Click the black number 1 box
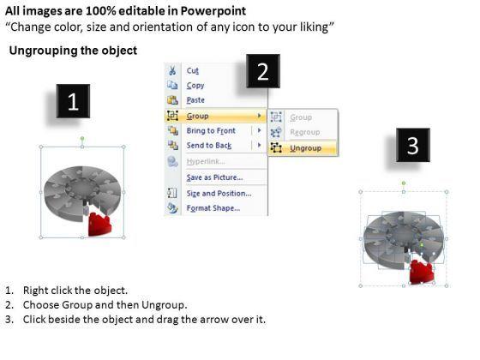click(73, 101)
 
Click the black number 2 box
click(263, 71)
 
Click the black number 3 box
click(413, 145)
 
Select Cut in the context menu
click(193, 70)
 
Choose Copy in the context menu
click(195, 86)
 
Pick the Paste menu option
click(195, 100)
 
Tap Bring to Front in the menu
click(211, 130)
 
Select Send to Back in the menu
click(209, 146)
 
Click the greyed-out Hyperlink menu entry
click(206, 161)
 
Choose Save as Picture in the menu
click(214, 177)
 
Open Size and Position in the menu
click(219, 194)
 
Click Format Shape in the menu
click(213, 208)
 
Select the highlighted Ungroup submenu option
click(305, 148)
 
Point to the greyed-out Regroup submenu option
click(305, 132)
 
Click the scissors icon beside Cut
click(172, 70)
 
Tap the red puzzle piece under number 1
click(99, 225)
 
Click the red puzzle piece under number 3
click(421, 272)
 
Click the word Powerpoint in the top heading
click(213, 11)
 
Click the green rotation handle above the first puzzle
click(82, 139)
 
